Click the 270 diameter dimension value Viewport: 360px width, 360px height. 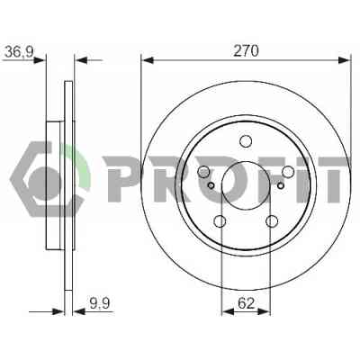[246, 51]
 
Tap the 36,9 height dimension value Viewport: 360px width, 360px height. [19, 53]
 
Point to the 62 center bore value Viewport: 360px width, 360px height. [246, 303]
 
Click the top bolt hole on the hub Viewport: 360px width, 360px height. [246, 141]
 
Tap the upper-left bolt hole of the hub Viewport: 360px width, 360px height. [204, 172]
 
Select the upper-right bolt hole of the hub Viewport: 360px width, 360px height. [288, 172]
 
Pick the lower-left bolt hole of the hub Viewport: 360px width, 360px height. [220, 221]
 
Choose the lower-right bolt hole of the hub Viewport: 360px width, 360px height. [272, 221]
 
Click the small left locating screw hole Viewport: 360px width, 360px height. [211, 186]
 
